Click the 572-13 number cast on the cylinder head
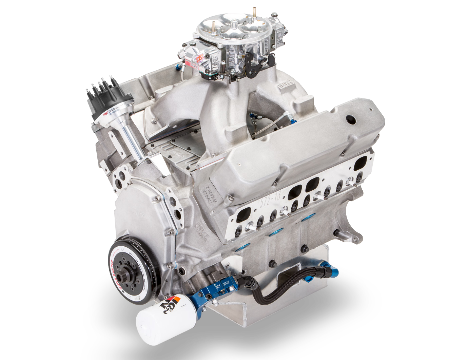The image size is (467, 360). click(x=270, y=201)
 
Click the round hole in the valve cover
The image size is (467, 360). click(x=349, y=119)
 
